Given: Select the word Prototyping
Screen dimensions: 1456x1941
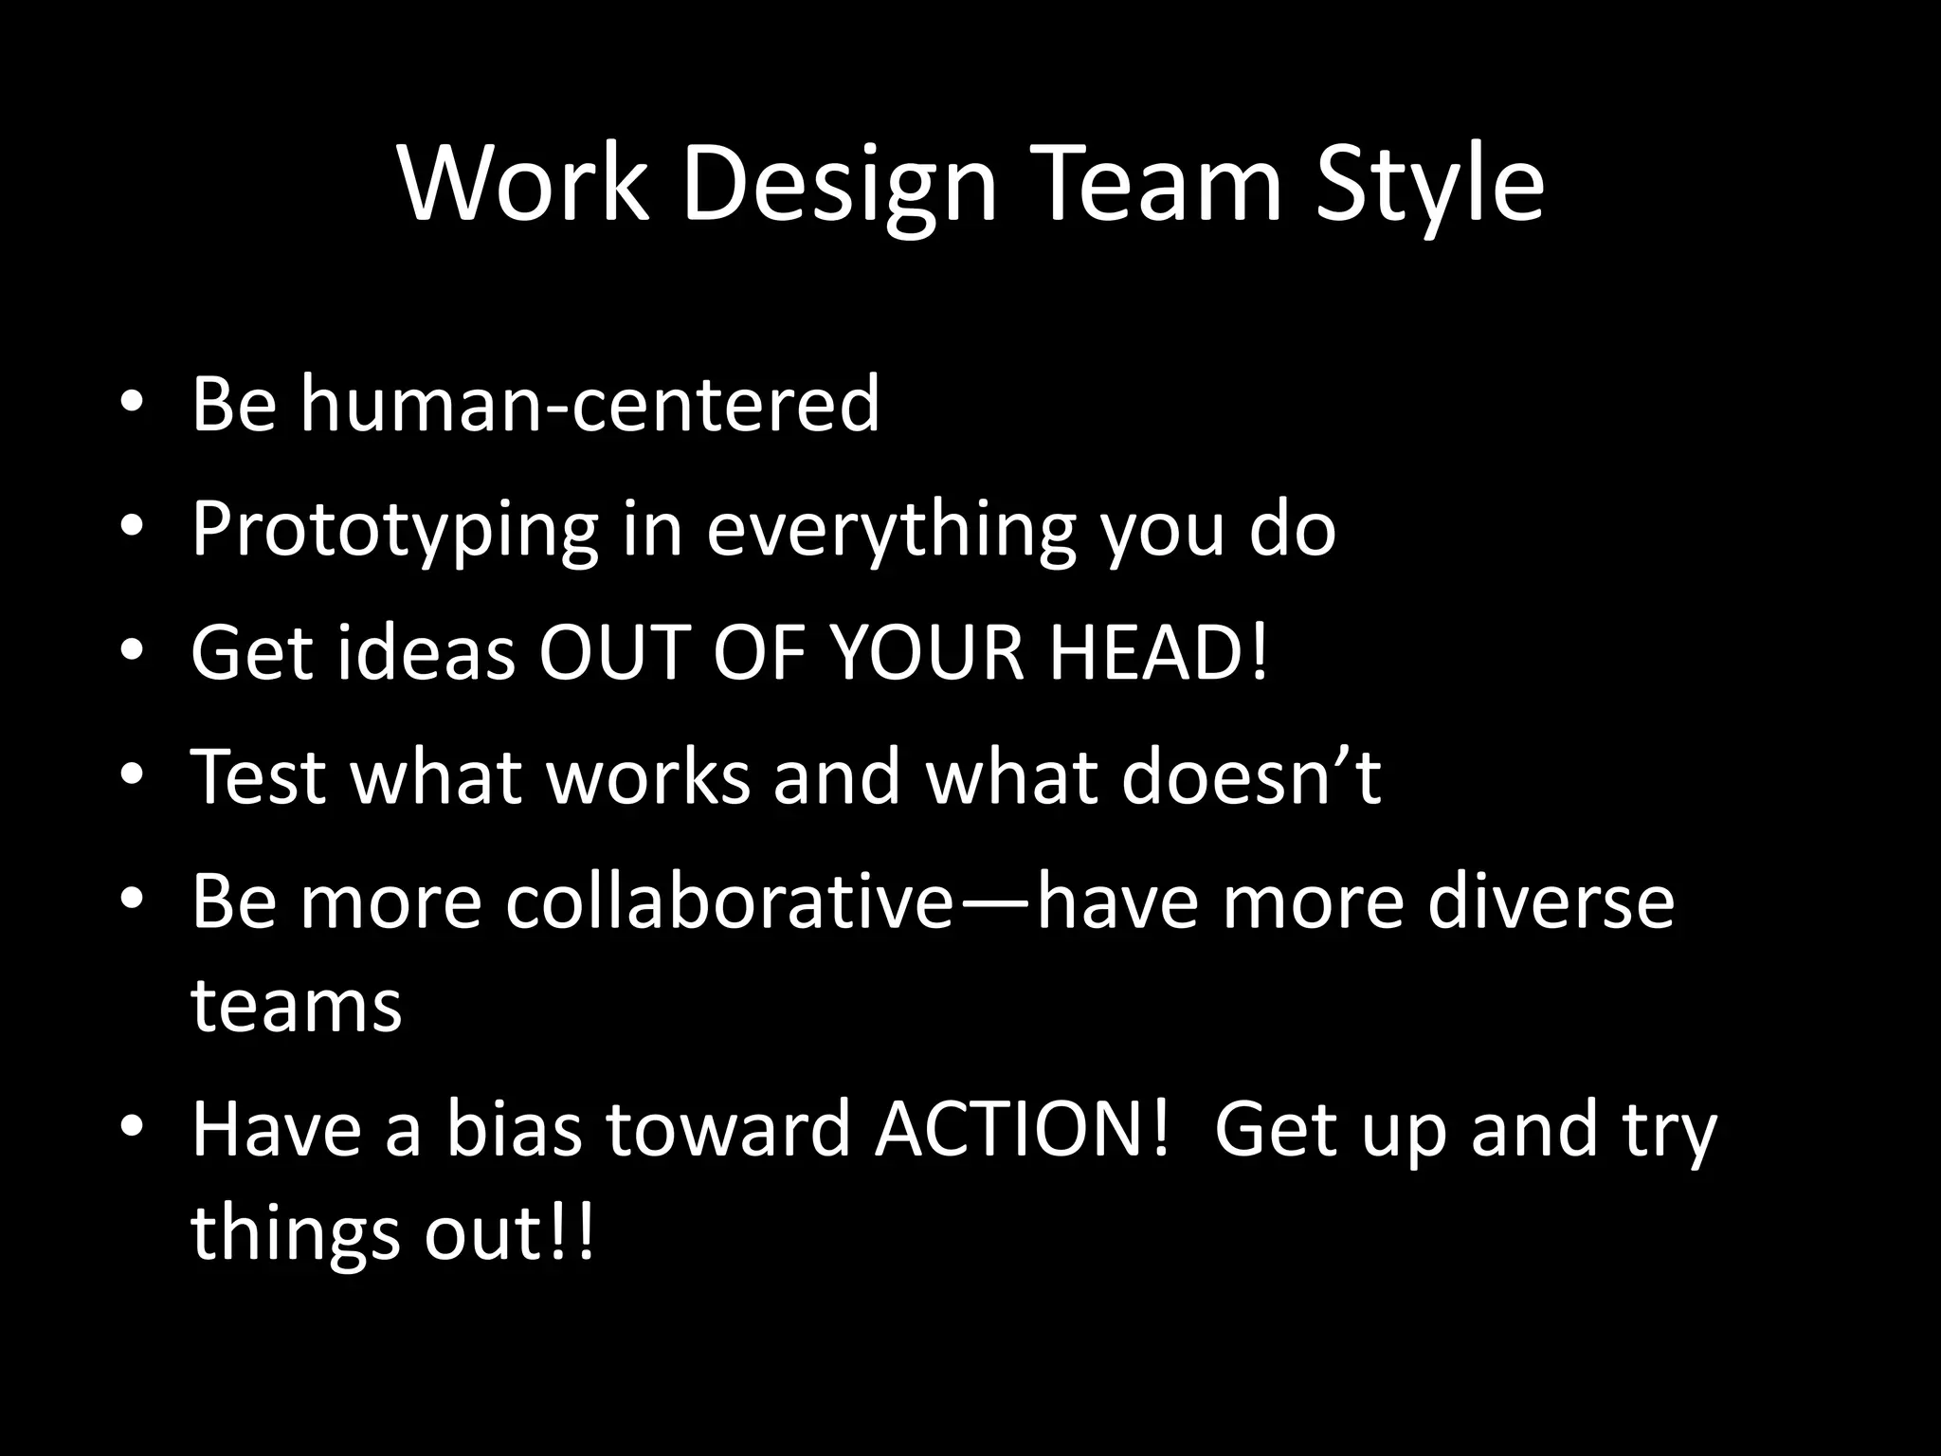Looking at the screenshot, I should coord(395,529).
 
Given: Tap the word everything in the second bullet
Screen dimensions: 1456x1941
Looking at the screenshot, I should coord(891,529).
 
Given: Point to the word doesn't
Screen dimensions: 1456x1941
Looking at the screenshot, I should coord(1251,777).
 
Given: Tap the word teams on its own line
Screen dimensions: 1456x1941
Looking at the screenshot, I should coord(297,1005).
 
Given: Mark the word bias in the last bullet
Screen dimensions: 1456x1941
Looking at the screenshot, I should coord(513,1130).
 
